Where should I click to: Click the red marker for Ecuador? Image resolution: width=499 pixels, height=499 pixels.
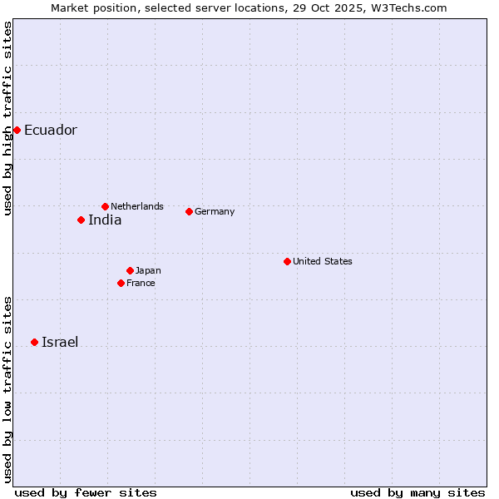pos(17,130)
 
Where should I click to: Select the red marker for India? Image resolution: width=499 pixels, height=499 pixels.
pos(81,220)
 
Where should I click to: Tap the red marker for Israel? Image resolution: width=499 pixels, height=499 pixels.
pos(34,342)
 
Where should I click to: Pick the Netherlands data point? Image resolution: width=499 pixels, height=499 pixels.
pos(105,206)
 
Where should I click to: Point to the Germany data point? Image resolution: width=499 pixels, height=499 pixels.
pos(189,211)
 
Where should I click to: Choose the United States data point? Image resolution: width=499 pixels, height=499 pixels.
pos(287,261)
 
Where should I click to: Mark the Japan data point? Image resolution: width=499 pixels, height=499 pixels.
pos(130,270)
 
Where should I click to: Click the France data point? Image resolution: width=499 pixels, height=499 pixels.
pos(121,283)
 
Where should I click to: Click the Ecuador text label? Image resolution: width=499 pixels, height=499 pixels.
pos(50,130)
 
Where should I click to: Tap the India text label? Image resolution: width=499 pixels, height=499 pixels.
pos(105,220)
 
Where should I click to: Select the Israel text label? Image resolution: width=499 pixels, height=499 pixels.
pos(60,342)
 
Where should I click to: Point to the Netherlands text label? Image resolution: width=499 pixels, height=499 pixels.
pos(137,206)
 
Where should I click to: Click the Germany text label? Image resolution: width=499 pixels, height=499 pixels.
pos(215,211)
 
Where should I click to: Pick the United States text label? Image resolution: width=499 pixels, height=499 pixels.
pos(323,261)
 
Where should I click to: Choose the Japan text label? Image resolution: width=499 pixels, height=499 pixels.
pos(148,270)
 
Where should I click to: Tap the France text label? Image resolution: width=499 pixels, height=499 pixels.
pos(141,283)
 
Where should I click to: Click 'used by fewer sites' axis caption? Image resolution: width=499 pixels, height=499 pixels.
pos(86,492)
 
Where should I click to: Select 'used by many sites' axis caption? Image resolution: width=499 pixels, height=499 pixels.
pos(417,492)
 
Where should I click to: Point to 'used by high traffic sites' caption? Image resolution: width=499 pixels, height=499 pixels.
pos(7,118)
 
